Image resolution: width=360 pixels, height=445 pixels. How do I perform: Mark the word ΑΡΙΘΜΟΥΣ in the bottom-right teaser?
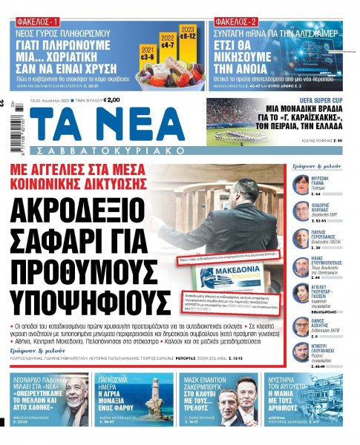pyautogui.click(x=321, y=412)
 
